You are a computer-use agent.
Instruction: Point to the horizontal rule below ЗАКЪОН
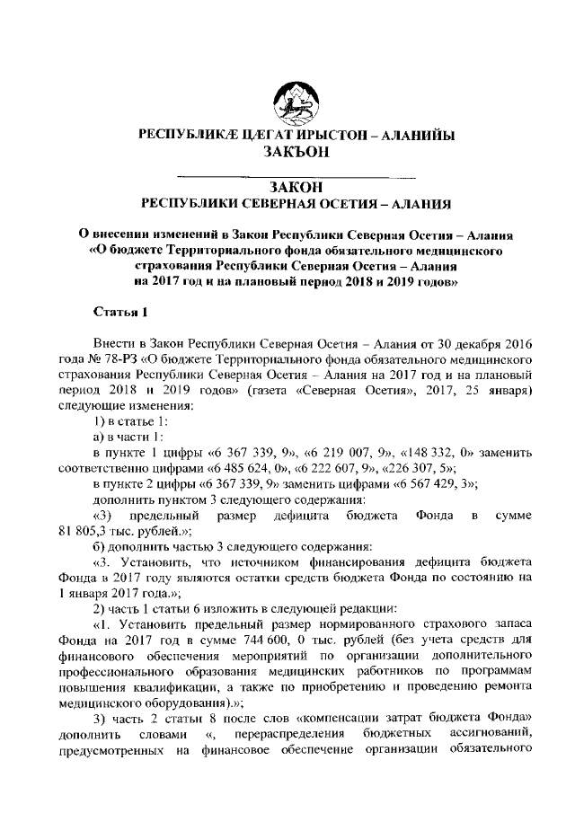point(296,171)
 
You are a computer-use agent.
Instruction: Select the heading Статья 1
point(119,313)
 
